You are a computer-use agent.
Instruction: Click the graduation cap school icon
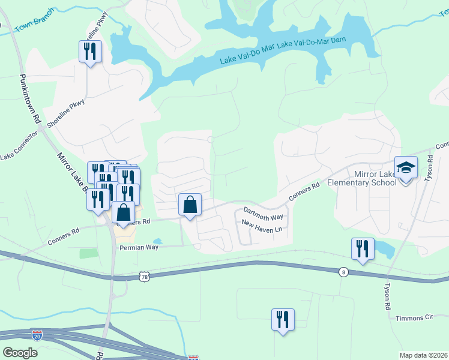point(406,167)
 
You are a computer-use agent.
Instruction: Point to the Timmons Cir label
point(414,317)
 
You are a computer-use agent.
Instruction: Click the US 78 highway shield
point(143,276)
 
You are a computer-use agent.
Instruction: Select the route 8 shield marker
point(342,272)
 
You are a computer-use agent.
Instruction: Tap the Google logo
point(20,353)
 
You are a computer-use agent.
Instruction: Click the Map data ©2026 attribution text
point(424,355)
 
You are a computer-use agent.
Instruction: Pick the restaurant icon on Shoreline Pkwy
point(90,52)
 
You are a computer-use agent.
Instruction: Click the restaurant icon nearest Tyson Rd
point(363,248)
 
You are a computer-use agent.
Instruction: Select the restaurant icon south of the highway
point(282,319)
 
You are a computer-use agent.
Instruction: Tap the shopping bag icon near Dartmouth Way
point(190,205)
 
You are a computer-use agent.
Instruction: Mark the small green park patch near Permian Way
point(89,253)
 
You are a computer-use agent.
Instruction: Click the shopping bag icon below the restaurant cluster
point(123,212)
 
